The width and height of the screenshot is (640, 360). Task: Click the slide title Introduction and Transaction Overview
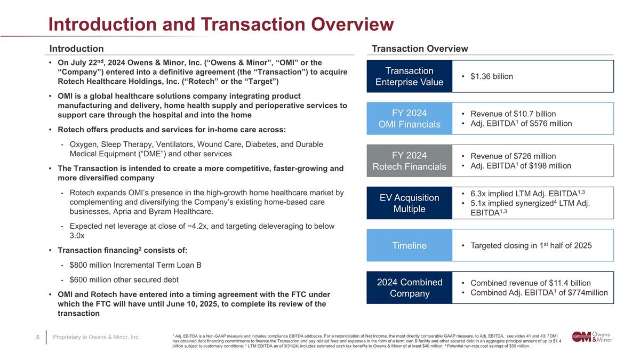[221, 24]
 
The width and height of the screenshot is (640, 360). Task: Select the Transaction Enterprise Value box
[409, 76]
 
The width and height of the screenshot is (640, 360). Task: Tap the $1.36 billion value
[491, 77]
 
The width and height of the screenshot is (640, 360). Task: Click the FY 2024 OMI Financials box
[409, 118]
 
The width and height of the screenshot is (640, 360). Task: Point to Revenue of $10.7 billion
[513, 114]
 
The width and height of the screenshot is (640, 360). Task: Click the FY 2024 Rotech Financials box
[409, 161]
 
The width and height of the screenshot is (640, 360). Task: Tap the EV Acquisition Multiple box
[409, 203]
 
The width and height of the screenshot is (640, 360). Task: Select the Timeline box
[409, 245]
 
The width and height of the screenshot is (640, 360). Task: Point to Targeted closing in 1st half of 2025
[531, 245]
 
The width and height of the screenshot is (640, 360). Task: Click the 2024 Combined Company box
[409, 288]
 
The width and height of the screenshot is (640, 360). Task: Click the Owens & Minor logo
[592, 337]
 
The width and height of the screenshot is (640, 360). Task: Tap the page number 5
[38, 337]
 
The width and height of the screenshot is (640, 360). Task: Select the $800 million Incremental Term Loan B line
[135, 266]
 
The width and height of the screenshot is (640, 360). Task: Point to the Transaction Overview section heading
[420, 49]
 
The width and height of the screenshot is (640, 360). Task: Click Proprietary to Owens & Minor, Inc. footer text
[97, 337]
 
